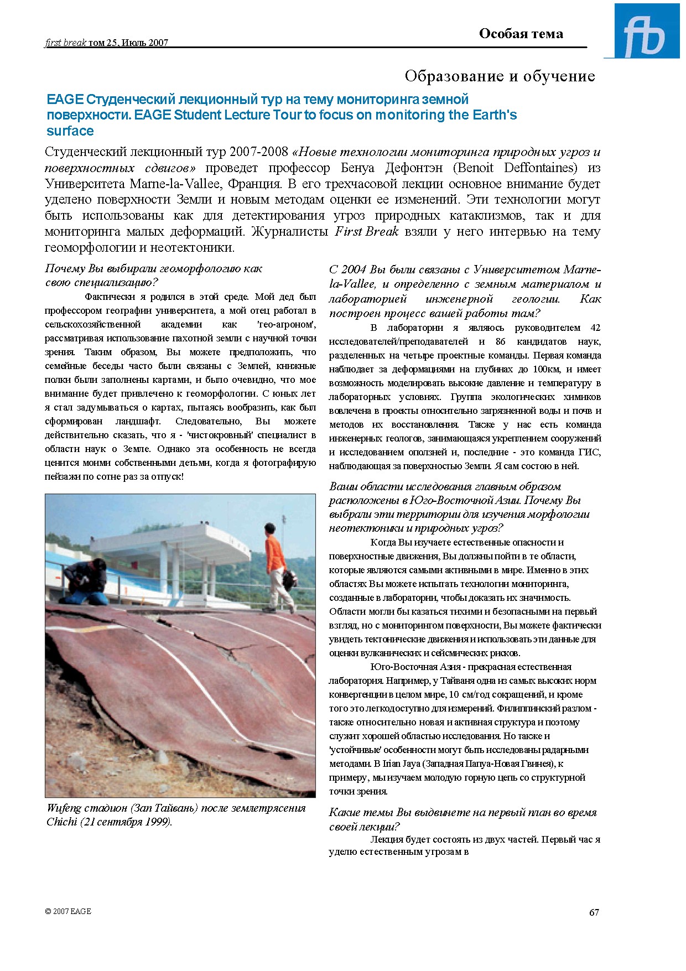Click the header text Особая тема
521,34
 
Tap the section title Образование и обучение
500,76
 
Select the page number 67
594,912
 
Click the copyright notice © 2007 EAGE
68,911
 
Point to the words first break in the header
65,43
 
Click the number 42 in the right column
595,328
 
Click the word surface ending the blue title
70,131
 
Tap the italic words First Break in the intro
366,232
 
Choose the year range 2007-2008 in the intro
259,152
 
